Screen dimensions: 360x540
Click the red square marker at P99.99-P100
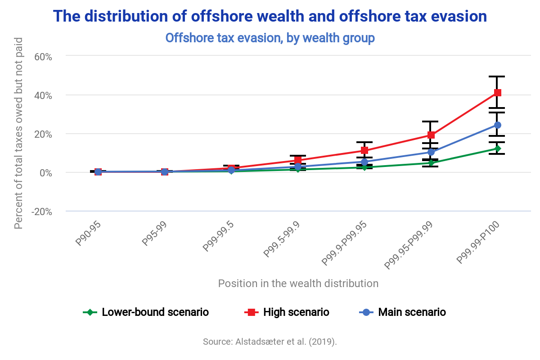(497, 93)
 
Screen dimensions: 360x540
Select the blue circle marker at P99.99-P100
(497, 125)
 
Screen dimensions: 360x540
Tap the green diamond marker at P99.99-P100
(497, 148)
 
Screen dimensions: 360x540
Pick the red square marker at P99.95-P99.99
(431, 135)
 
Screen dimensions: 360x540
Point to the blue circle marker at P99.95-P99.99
(431, 152)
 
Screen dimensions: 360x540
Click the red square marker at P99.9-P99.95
(364, 150)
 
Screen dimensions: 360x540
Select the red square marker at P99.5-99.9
(298, 160)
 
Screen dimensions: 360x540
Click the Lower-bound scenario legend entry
(146, 312)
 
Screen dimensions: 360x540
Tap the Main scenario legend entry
(402, 312)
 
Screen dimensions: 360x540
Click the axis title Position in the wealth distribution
(298, 283)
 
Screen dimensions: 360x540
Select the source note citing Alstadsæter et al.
(270, 341)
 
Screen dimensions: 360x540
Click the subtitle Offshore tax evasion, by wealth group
(270, 38)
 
